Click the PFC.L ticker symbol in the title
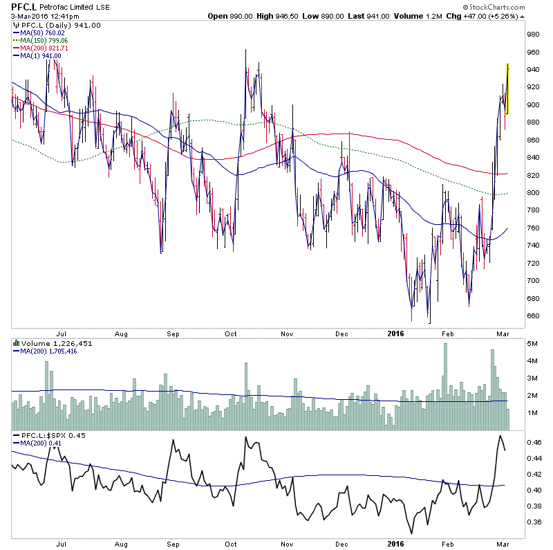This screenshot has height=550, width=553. click(22, 7)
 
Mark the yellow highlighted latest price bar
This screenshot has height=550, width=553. click(508, 89)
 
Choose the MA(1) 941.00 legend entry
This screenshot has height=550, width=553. click(44, 55)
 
